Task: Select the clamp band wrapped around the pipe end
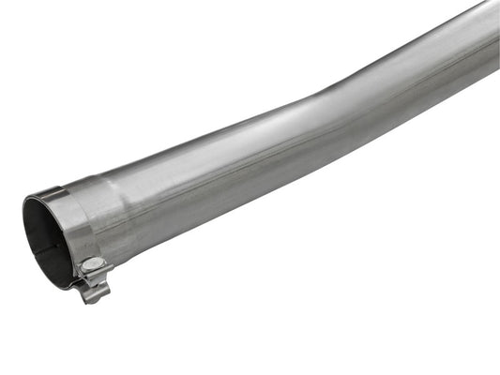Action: pyautogui.click(x=75, y=225)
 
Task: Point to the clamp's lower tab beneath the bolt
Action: pyautogui.click(x=94, y=292)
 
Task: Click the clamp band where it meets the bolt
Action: pyautogui.click(x=83, y=258)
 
